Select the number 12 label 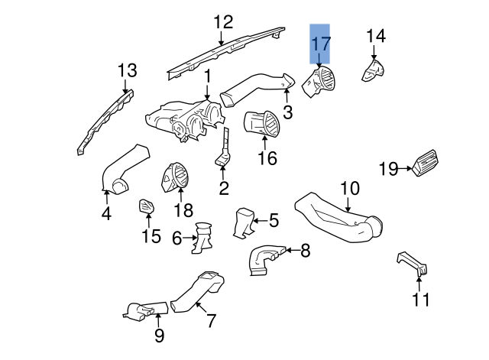222,21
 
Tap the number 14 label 376,36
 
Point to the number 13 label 127,71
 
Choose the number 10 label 348,187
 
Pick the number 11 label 421,299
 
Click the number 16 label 267,158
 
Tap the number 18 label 184,209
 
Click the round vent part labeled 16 262,125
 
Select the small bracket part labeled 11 413,262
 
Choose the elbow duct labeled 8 264,258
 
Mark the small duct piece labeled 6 205,236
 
